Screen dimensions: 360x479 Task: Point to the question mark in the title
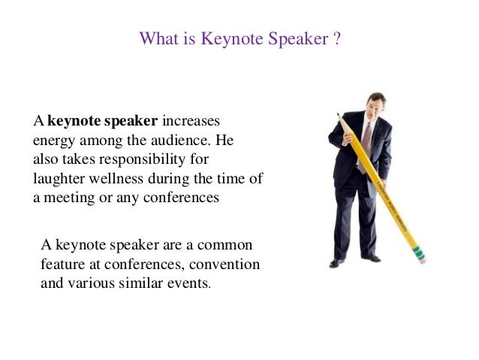[337, 37]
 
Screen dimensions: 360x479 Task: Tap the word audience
[174, 141]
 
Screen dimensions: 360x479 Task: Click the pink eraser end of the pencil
[421, 256]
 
